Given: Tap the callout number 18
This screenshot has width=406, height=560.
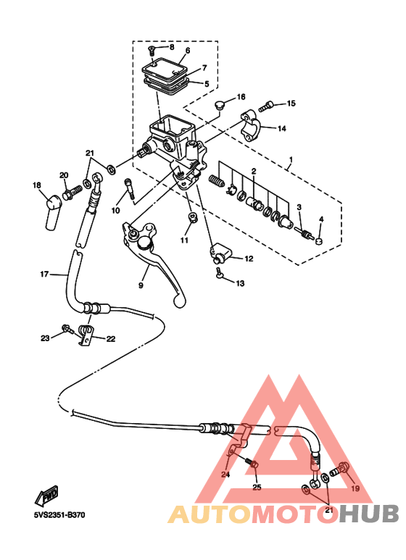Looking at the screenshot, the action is click(37, 185).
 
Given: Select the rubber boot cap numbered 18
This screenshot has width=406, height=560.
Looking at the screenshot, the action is click(52, 212).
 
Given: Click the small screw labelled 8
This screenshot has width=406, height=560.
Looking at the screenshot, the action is click(151, 51).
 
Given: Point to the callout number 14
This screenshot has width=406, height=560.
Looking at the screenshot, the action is click(282, 128).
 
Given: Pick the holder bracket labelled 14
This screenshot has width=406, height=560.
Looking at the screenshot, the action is click(252, 125).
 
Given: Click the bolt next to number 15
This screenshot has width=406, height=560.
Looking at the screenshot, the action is click(266, 106).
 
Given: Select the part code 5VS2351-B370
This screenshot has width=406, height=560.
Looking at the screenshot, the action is click(59, 515).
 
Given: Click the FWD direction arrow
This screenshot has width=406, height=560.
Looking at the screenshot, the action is click(46, 496).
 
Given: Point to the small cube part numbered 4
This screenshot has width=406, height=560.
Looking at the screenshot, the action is click(319, 241).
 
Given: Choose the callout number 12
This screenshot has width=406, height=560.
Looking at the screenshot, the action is click(249, 259).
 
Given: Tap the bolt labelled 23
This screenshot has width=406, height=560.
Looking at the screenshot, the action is click(67, 329).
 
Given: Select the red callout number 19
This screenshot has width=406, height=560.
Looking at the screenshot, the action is click(355, 488).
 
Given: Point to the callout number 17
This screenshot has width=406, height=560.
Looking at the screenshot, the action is click(44, 275).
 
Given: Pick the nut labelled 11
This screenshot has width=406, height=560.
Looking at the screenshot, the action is click(193, 217).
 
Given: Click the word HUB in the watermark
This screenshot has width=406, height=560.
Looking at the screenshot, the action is click(370, 514).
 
